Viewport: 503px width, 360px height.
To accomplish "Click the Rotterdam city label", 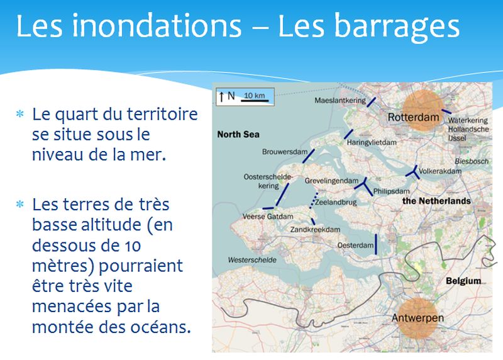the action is [413, 117].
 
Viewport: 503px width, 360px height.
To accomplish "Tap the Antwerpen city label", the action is [417, 318].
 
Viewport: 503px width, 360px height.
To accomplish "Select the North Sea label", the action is [238, 134].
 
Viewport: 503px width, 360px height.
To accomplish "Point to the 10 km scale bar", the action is [255, 101].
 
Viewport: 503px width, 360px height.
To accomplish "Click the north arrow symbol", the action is [221, 96].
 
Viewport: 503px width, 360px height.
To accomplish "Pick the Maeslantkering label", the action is [340, 101].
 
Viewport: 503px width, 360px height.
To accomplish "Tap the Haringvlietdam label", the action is [372, 142].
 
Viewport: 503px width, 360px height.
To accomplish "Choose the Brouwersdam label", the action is [285, 152].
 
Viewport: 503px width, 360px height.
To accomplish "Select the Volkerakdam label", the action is [439, 171].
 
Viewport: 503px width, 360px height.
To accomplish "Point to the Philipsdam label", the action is [391, 191].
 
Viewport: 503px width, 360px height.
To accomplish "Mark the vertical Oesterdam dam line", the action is [376, 244].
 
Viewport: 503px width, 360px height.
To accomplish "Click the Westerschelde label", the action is [252, 260].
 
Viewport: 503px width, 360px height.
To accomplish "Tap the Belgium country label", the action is [463, 281].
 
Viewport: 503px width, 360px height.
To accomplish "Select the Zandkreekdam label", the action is [315, 230].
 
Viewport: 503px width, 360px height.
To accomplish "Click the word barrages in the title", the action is [368, 27].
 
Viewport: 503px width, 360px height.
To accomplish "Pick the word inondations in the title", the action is [157, 26].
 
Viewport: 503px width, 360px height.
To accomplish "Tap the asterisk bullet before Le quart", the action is [20, 114].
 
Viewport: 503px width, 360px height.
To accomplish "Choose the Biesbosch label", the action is [472, 161].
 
